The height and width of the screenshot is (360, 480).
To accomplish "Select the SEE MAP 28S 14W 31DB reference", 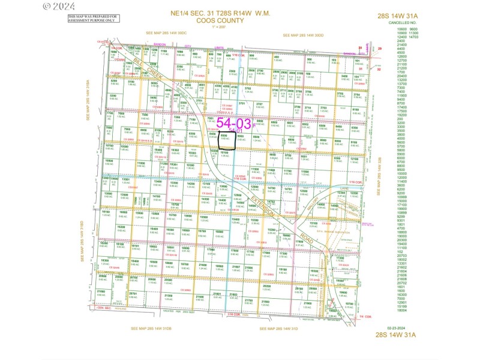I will pyautogui.click(x=152, y=328).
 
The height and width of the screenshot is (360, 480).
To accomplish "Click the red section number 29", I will pyautogui.click(x=379, y=47).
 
